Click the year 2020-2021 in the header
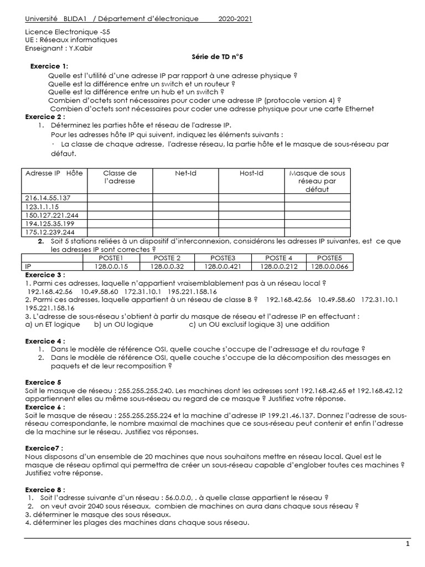235,19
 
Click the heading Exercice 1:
49,66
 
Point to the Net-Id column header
185,173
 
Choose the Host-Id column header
251,173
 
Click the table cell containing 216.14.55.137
48,198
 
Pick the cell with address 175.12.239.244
50,233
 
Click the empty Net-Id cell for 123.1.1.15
185,207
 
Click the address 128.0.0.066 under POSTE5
330,266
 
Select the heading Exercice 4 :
45,341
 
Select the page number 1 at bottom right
408,544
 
